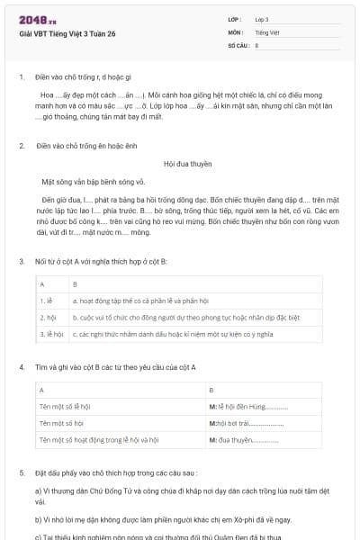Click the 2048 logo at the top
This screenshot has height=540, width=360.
(x=34, y=21)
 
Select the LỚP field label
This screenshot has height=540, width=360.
(x=235, y=19)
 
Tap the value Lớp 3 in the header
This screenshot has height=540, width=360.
(x=262, y=19)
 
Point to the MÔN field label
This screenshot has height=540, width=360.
(x=236, y=31)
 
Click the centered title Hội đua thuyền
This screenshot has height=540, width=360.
(x=187, y=165)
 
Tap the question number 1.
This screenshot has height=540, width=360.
(x=22, y=77)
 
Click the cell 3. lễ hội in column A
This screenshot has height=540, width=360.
(x=51, y=334)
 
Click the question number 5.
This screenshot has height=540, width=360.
(x=22, y=472)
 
